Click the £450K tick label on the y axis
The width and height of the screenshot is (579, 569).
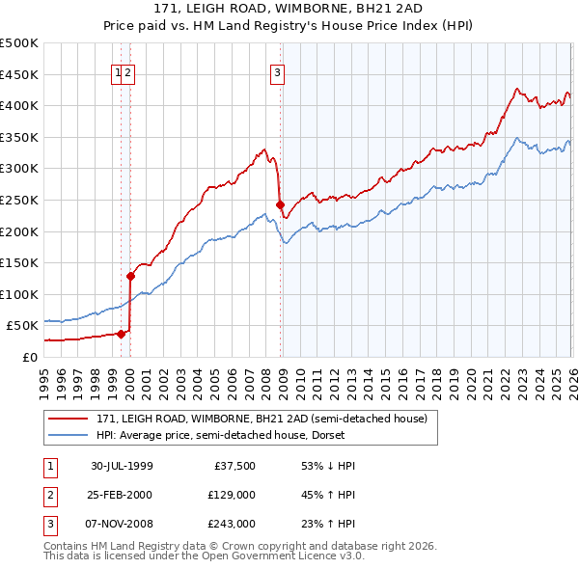[x=19, y=74]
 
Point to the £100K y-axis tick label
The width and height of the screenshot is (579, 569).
[x=19, y=294]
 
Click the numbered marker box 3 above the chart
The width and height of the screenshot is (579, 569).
[x=277, y=71]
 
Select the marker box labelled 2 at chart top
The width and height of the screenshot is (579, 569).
[x=128, y=71]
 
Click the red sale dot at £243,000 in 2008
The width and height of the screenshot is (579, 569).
[x=280, y=204]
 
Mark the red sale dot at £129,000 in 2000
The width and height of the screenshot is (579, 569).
[x=130, y=276]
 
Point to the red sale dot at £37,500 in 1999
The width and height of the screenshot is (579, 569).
[x=122, y=334]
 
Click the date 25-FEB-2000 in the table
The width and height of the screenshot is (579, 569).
[x=122, y=495]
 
